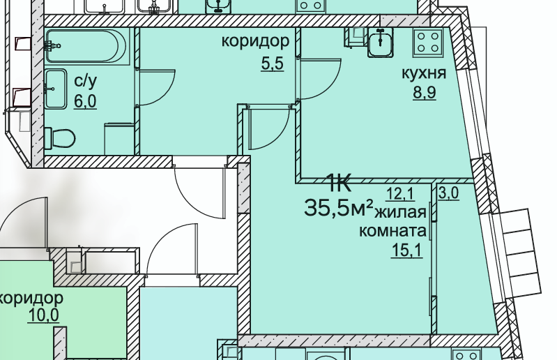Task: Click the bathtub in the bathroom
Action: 86,46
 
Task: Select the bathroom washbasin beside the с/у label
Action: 56,89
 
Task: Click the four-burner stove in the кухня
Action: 427,43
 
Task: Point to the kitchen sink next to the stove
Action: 381,43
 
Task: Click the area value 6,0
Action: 85,102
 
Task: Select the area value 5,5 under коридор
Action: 272,64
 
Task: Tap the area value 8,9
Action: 425,93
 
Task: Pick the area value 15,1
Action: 406,250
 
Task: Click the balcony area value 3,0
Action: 448,194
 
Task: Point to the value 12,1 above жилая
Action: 401,194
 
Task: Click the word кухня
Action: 424,73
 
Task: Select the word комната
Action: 392,231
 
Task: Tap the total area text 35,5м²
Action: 339,207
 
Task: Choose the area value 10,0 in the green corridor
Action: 43,315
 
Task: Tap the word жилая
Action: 401,213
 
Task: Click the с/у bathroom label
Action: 85,82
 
